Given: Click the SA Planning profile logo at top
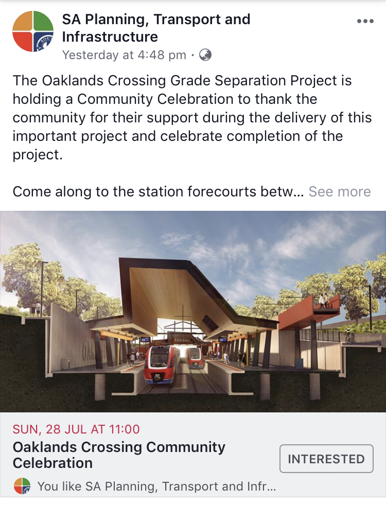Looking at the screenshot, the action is click(x=32, y=31).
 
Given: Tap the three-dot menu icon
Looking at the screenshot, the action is click(x=365, y=22).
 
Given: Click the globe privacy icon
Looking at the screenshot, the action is click(x=205, y=55).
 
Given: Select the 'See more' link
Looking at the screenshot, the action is click(x=339, y=191).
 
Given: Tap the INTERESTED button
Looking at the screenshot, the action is click(x=326, y=459).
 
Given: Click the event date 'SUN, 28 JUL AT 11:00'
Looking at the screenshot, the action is click(x=76, y=429).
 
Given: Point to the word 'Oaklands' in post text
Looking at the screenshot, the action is click(x=73, y=81).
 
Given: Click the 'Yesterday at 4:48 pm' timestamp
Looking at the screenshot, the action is click(x=124, y=55).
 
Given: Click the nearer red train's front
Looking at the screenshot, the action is click(x=159, y=365).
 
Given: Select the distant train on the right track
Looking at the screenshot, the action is click(x=194, y=358).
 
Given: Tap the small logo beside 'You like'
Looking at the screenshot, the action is click(x=22, y=486).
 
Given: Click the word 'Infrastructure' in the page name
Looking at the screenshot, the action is click(x=110, y=37).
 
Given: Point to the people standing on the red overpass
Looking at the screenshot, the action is click(x=324, y=301).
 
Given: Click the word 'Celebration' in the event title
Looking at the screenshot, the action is click(x=52, y=463).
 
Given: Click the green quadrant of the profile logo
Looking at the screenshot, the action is click(x=43, y=21).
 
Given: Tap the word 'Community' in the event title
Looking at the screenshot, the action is click(x=186, y=447).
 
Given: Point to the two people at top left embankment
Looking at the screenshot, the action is click(x=36, y=309).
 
